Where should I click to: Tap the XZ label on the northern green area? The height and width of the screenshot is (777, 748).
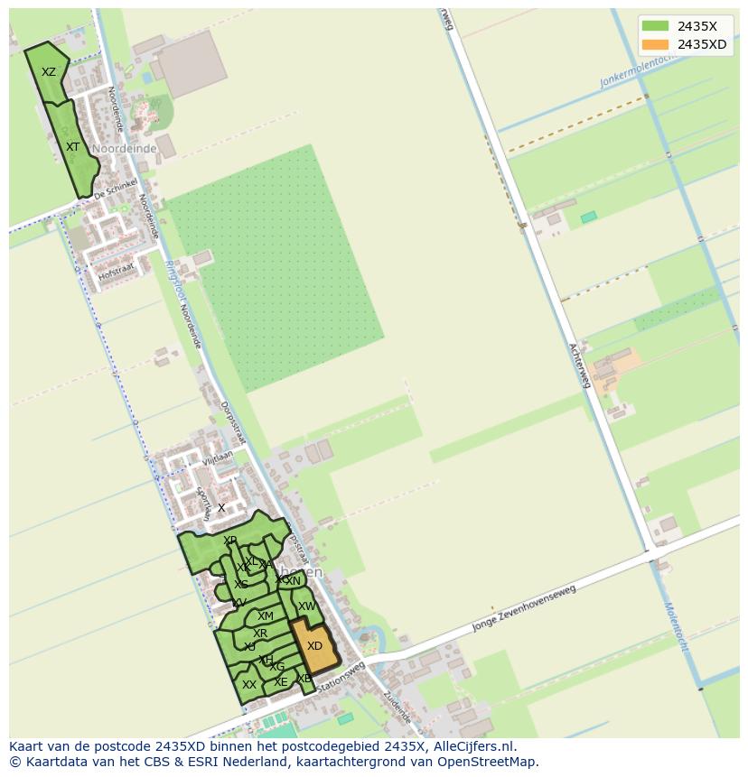click(49, 72)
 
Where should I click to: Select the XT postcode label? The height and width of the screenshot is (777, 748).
click(73, 146)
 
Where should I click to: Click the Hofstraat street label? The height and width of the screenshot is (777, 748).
click(117, 268)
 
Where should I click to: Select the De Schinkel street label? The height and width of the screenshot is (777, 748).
click(116, 190)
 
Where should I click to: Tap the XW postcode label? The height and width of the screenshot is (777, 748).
click(307, 606)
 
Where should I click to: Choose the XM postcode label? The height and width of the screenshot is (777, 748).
click(265, 616)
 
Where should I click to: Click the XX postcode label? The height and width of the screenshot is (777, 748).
click(249, 685)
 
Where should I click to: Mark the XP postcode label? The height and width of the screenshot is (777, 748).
click(230, 541)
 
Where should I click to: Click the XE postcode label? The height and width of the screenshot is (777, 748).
click(281, 682)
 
